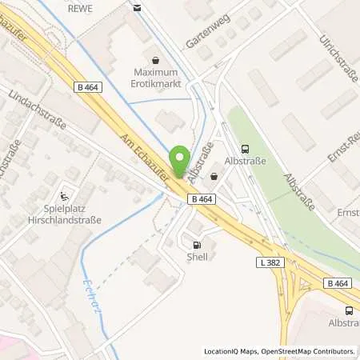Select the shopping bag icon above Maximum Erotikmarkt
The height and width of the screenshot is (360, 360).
pos(155,58)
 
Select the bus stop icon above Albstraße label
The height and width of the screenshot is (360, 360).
pos(244,147)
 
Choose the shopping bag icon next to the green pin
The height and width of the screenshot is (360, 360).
pos(214,176)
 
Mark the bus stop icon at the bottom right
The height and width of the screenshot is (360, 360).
pos(348,310)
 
